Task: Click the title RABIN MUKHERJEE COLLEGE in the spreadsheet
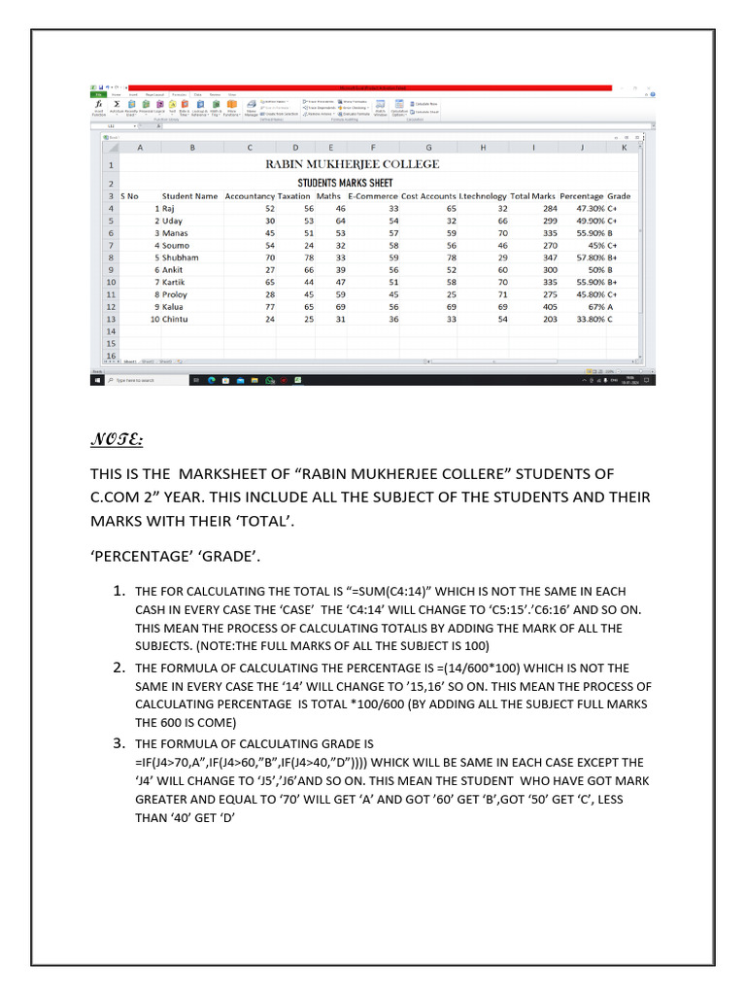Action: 353,164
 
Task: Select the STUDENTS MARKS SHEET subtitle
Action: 345,183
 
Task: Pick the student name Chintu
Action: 175,319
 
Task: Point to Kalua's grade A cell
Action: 612,306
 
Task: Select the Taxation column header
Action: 294,196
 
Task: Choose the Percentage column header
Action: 582,196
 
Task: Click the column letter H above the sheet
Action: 483,148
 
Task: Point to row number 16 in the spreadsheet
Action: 110,356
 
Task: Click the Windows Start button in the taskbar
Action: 97,380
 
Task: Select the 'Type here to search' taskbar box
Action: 146,380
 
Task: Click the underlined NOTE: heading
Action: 118,441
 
